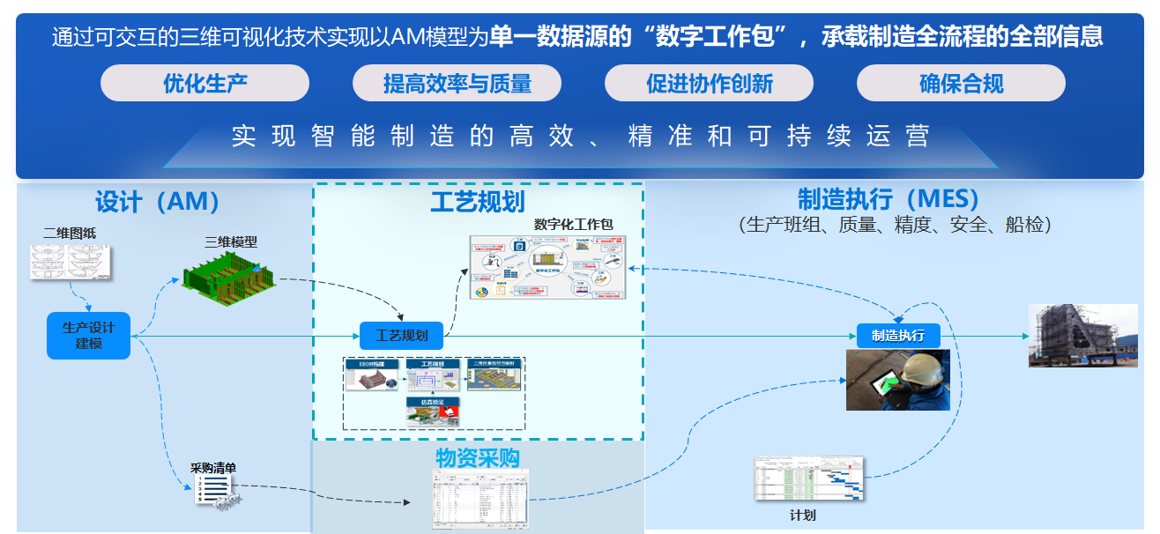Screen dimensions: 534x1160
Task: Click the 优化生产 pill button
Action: click(204, 84)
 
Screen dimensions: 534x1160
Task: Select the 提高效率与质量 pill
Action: click(457, 84)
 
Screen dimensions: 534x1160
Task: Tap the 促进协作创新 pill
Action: click(709, 84)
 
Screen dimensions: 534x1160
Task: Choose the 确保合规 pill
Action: click(961, 84)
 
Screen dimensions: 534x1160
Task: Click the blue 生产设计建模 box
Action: click(88, 336)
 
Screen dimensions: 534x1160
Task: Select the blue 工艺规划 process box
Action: click(401, 336)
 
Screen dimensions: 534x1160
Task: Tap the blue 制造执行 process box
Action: click(898, 336)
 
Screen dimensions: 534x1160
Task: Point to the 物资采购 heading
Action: click(478, 458)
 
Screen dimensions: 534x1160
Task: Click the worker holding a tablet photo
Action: click(898, 380)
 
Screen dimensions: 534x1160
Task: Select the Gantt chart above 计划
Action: click(809, 478)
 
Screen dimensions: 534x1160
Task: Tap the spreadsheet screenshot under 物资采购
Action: click(480, 498)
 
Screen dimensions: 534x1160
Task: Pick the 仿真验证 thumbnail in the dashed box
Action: click(433, 412)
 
